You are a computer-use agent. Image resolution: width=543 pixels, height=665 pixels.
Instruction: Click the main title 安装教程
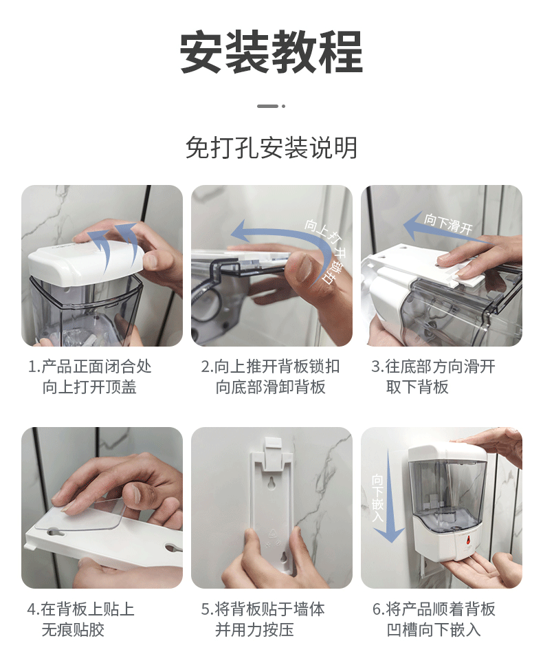point(271,52)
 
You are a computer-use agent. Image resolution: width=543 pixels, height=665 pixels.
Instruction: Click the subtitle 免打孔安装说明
point(271,148)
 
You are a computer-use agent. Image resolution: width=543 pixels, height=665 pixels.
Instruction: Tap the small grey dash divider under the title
point(268,106)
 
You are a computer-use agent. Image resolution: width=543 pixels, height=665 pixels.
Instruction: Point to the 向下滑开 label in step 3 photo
point(448,224)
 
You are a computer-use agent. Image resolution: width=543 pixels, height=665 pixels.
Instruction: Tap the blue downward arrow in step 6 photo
point(389,497)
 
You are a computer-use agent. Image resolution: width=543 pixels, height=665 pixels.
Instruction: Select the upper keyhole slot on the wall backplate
point(271,483)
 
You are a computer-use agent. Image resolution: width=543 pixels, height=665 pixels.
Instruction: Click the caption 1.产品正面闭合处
point(90,367)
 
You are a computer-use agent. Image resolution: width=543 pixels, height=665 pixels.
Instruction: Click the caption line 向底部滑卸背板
point(270,386)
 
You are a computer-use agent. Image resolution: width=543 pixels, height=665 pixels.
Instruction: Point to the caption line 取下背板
point(417,386)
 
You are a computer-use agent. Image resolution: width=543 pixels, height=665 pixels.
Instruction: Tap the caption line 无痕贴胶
point(73,629)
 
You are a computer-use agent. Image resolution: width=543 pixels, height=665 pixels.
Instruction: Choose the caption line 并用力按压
point(254,629)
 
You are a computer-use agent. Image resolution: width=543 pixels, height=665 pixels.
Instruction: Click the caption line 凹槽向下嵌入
point(433,629)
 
